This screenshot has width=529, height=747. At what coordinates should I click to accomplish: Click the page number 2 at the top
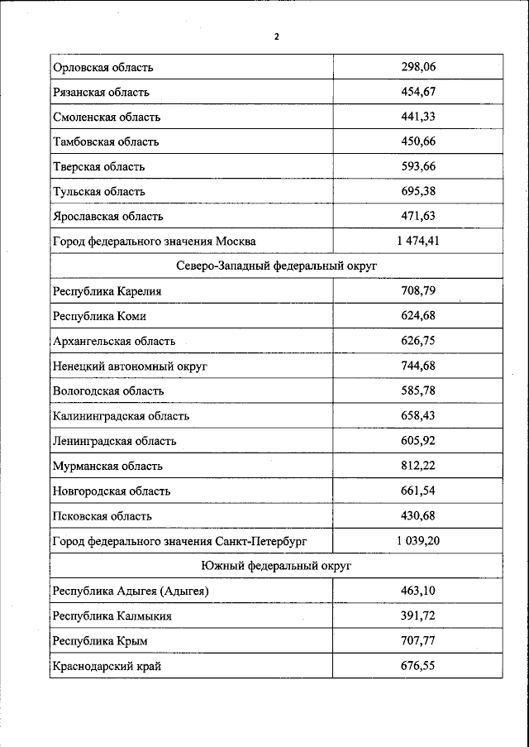tap(276, 36)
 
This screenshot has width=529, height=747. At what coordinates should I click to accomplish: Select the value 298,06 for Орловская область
tap(417, 67)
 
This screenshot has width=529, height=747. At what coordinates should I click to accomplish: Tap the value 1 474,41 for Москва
tap(417, 241)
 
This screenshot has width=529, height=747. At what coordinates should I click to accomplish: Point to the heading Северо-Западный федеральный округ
tap(276, 266)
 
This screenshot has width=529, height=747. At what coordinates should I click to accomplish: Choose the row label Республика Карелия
tap(107, 290)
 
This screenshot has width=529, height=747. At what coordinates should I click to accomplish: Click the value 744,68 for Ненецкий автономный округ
tap(417, 365)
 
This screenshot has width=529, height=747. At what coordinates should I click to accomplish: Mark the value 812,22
tap(417, 466)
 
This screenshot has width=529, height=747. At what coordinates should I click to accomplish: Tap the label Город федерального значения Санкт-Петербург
tap(179, 540)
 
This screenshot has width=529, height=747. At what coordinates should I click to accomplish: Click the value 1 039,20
tap(417, 540)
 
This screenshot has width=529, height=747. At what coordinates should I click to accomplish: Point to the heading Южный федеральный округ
tap(276, 565)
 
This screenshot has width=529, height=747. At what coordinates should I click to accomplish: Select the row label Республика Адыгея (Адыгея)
tap(131, 591)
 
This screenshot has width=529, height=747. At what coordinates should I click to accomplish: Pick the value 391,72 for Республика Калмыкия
tap(417, 615)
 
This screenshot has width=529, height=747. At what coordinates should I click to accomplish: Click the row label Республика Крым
tap(100, 640)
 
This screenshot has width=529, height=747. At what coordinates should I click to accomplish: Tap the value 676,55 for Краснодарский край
tap(417, 665)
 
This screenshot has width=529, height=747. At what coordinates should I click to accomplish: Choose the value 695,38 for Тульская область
tap(417, 191)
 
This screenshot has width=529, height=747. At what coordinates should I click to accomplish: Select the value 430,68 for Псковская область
tap(417, 515)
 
